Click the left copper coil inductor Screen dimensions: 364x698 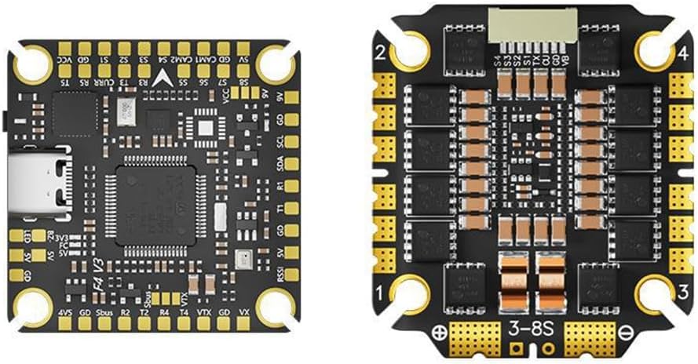pos(513,275)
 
